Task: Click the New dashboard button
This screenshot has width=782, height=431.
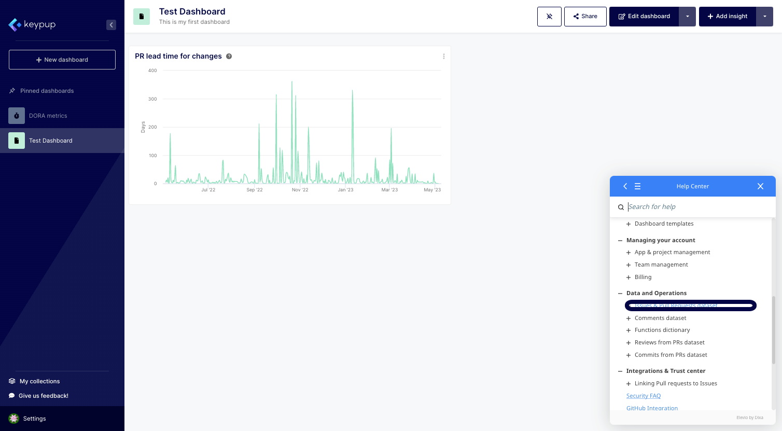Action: point(62,60)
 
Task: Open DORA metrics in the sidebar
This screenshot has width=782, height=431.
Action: point(48,116)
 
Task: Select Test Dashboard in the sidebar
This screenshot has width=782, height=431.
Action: point(50,141)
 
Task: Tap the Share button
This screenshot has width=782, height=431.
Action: point(585,17)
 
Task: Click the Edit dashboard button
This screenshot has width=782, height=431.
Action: point(644,17)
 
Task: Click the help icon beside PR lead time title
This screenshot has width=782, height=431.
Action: point(229,57)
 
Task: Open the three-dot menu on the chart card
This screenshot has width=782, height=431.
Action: point(443,57)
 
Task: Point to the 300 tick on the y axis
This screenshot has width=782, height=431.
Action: point(152,99)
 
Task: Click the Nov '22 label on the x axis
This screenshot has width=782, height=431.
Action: point(300,190)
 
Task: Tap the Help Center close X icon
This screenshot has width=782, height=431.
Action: point(760,186)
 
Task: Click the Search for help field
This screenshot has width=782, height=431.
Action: point(695,207)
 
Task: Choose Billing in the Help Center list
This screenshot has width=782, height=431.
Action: point(643,277)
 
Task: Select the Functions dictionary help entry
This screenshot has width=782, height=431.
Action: point(662,330)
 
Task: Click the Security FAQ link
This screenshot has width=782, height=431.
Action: point(643,396)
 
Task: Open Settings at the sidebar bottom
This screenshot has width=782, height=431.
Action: point(34,419)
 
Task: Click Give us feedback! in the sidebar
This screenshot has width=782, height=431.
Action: point(43,396)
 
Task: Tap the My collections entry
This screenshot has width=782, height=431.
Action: point(39,381)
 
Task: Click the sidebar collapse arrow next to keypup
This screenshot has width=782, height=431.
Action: point(111,25)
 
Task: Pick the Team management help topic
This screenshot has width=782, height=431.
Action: point(661,265)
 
